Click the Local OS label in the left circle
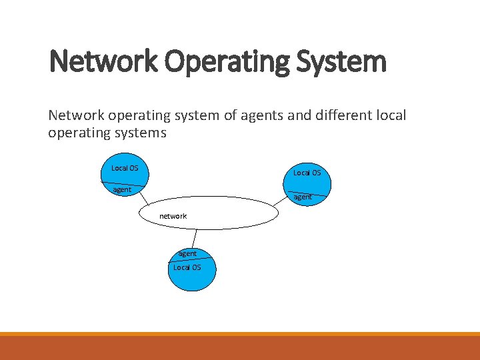point(125,168)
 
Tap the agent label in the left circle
point(122,190)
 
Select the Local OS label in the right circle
point(307,173)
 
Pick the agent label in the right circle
point(303,197)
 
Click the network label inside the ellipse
point(173,216)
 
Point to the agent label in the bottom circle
point(187,253)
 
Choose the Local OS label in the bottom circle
point(187,267)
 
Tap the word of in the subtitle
point(231,115)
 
